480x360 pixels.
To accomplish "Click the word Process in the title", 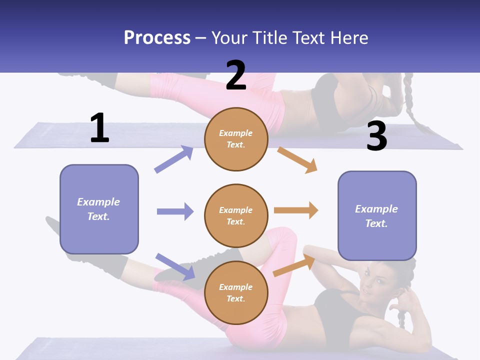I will click(157, 37).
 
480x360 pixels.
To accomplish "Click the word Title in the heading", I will click(270, 37).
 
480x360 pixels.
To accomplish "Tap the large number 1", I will click(99, 128).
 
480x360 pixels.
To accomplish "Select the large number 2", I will click(236, 75).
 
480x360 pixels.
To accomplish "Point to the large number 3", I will click(376, 136).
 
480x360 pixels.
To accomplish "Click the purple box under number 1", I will click(99, 209).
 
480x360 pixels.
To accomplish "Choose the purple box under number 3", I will click(377, 215).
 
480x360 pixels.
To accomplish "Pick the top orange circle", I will click(236, 139).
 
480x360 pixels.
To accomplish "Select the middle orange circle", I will click(236, 215).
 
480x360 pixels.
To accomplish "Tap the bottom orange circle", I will click(236, 292).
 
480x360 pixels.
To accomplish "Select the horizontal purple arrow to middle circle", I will click(175, 211).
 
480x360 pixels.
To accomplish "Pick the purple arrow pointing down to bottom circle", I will click(175, 266).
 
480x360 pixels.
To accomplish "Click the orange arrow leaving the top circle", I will click(297, 159).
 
